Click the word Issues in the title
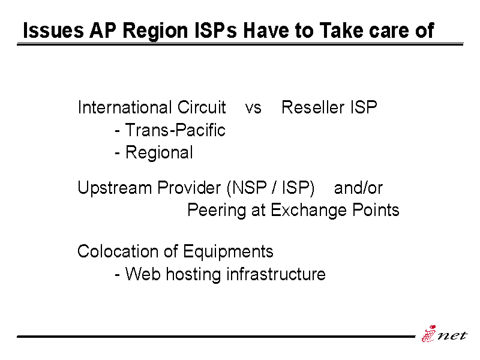[x=53, y=31]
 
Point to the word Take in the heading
[x=341, y=31]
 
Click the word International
[x=125, y=107]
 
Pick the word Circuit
[x=202, y=107]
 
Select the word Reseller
[x=313, y=107]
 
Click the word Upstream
[x=115, y=188]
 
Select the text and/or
[x=358, y=188]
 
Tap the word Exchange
[x=308, y=211]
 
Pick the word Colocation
[x=118, y=251]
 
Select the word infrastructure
[x=276, y=274]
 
